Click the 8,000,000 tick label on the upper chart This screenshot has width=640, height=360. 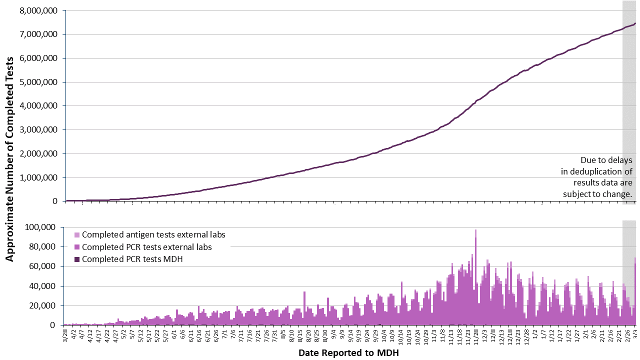(37, 10)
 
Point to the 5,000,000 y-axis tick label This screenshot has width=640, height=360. (37, 82)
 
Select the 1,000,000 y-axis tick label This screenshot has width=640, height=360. (37, 177)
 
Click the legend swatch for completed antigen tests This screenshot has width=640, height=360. (76, 234)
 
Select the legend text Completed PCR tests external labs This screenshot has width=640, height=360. (147, 247)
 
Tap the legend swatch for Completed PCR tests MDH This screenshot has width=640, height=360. (76, 259)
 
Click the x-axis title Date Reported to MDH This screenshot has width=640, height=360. (348, 353)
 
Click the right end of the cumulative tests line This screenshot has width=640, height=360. (635, 23)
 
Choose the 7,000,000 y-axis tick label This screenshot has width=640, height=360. (37, 34)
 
